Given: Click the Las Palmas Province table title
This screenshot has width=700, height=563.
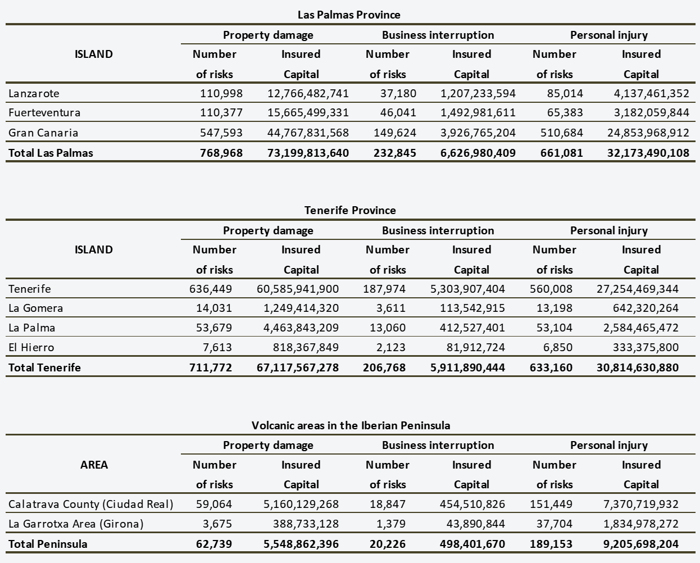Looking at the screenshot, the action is pyautogui.click(x=349, y=15).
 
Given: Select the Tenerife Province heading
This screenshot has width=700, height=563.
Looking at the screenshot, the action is pyautogui.click(x=350, y=210).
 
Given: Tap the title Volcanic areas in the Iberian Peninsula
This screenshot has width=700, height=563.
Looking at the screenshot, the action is pyautogui.click(x=351, y=425).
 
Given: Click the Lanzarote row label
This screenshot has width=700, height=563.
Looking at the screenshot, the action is pyautogui.click(x=34, y=94).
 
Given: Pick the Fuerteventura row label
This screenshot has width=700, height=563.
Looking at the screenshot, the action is pyautogui.click(x=44, y=112).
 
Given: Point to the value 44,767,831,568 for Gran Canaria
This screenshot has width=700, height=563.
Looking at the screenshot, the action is pyautogui.click(x=308, y=133).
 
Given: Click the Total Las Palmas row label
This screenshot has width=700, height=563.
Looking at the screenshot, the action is pyautogui.click(x=51, y=153).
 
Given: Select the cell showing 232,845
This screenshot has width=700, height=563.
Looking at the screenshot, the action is pyautogui.click(x=394, y=153).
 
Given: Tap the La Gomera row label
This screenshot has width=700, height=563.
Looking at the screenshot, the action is pyautogui.click(x=36, y=308).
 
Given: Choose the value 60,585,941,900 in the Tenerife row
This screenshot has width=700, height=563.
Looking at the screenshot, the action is pyautogui.click(x=298, y=289).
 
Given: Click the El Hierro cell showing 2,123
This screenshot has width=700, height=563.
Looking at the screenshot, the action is pyautogui.click(x=390, y=347).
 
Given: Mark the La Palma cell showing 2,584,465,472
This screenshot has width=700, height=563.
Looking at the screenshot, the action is pyautogui.click(x=641, y=328).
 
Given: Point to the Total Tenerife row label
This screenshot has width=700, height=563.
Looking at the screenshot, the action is pyautogui.click(x=44, y=367).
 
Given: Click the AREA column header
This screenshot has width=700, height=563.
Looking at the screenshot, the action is pyautogui.click(x=94, y=465).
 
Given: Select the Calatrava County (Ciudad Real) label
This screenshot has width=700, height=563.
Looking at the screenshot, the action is pyautogui.click(x=91, y=504).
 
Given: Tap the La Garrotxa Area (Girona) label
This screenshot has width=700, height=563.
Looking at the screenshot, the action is pyautogui.click(x=76, y=524).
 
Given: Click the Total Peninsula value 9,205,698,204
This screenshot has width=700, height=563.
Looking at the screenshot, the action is pyautogui.click(x=641, y=544).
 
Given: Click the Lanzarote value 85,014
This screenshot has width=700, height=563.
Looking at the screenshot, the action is pyautogui.click(x=565, y=94).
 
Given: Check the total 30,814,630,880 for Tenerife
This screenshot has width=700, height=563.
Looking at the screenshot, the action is pyautogui.click(x=638, y=367).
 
